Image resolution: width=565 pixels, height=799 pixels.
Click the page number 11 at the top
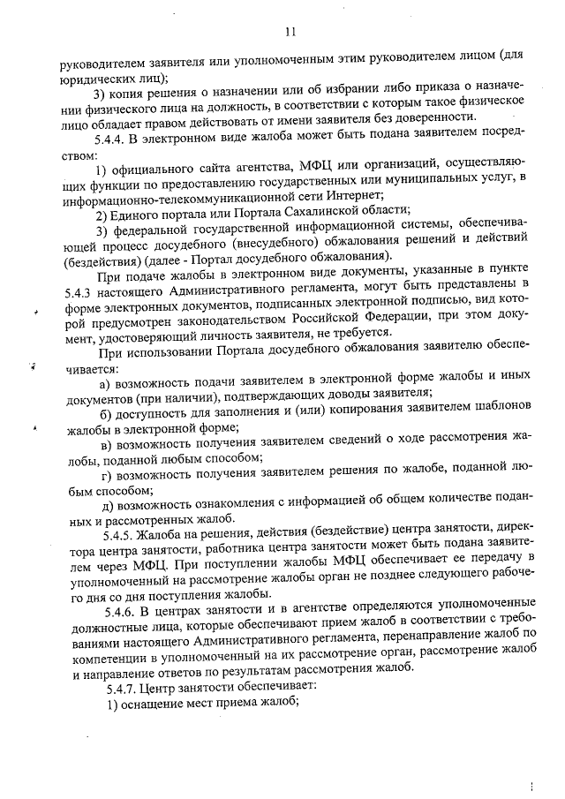[x=290, y=33]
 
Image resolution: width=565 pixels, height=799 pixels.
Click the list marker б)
[x=107, y=416]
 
